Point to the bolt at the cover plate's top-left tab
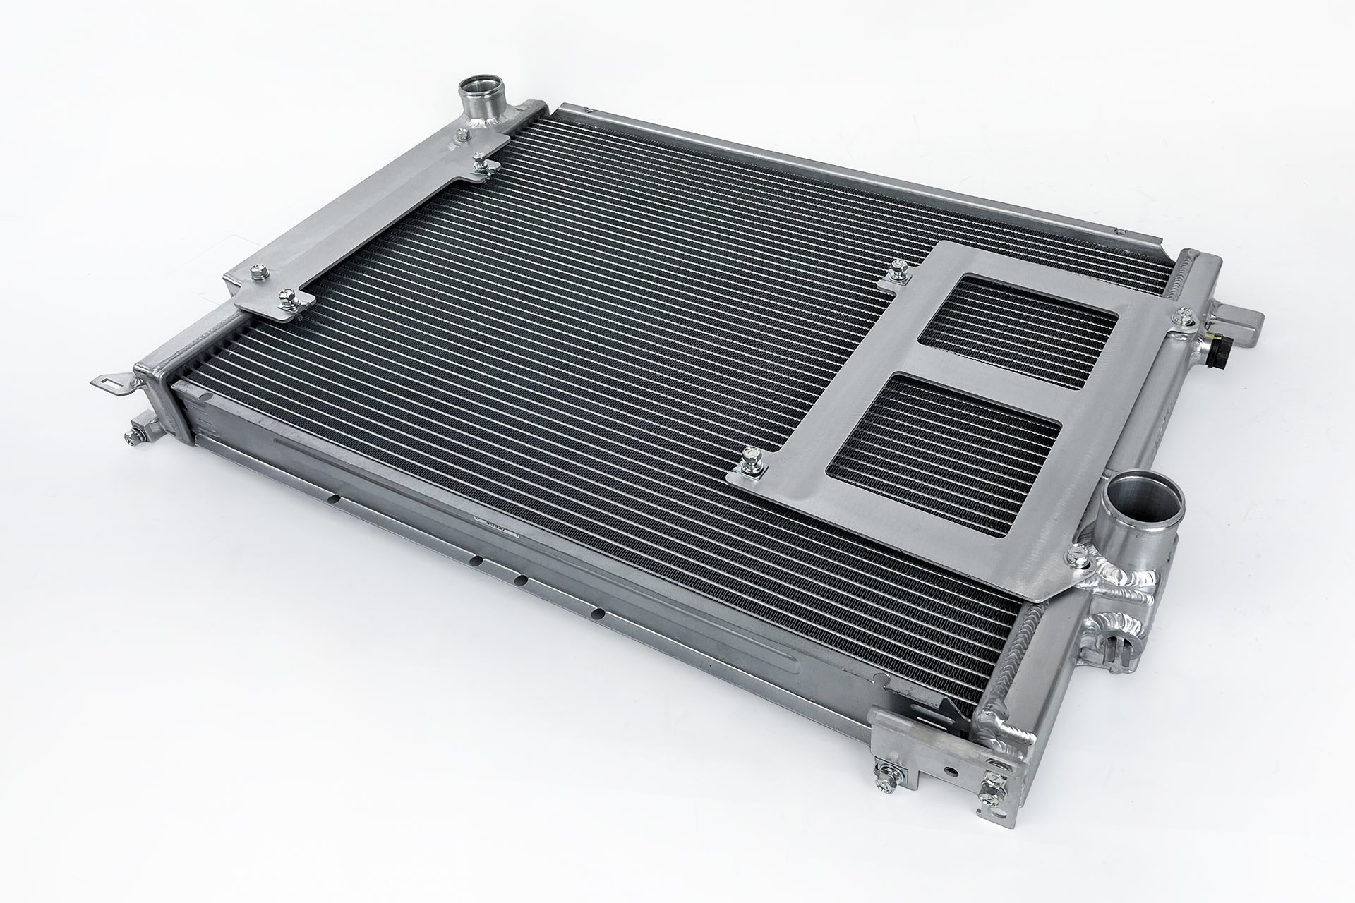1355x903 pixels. (x=899, y=268)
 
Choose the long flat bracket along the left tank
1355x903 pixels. (x=367, y=212)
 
